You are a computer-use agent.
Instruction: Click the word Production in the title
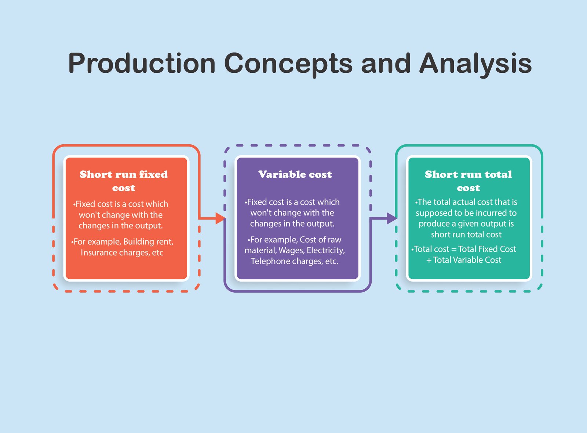pos(142,63)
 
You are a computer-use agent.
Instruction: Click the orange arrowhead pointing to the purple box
pos(220,218)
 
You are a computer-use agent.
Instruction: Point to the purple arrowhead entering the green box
pos(392,218)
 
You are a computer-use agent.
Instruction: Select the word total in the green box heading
pos(498,174)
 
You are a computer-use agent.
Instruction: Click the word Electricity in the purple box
pos(326,251)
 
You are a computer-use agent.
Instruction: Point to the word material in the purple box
pos(260,250)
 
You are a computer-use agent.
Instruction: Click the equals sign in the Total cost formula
pos(454,249)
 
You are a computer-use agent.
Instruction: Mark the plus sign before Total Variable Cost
pos(429,260)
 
